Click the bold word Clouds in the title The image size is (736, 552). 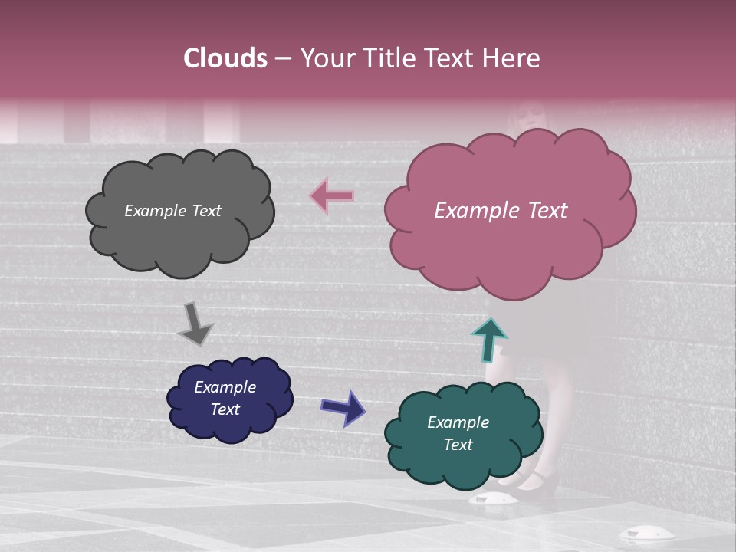[225, 58]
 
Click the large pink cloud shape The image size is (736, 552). [510, 245]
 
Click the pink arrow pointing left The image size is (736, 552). [333, 196]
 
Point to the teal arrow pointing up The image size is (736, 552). [488, 339]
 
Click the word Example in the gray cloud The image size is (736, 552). [156, 211]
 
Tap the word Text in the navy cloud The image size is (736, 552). [225, 409]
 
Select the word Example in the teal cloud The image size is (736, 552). [458, 422]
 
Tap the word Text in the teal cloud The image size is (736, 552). [458, 445]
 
